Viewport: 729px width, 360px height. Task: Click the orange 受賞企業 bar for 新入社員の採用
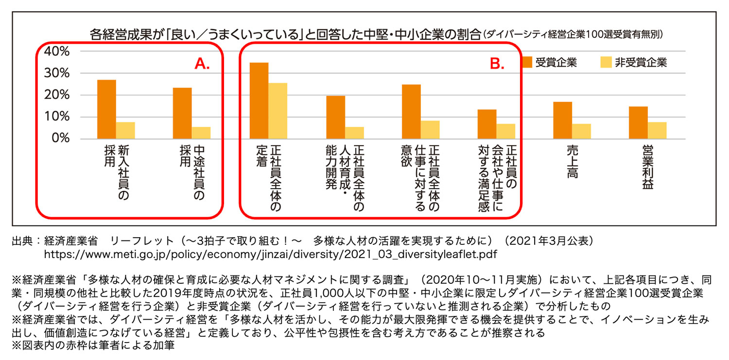click(107, 109)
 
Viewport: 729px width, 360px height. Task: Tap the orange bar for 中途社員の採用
click(182, 113)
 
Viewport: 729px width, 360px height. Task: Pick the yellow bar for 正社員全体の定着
click(278, 111)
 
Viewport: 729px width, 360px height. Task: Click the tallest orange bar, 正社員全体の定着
click(259, 101)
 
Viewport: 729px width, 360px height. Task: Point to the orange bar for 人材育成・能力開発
click(335, 117)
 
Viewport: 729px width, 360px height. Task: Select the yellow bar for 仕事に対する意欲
click(430, 130)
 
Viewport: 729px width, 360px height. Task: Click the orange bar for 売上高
click(562, 120)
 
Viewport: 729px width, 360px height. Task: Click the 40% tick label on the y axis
click(57, 51)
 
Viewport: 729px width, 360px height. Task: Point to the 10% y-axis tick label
click(57, 117)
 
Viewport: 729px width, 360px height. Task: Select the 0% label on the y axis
click(61, 139)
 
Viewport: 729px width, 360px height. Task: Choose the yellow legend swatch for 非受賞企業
click(606, 62)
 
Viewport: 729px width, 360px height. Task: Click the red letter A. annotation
click(202, 64)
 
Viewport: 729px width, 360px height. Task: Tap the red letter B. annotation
click(497, 64)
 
